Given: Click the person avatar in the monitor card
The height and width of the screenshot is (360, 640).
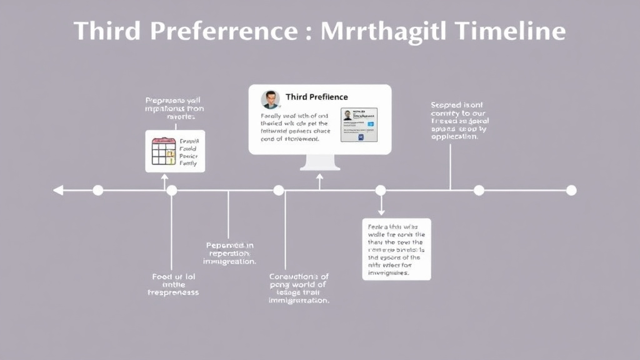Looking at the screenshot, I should (x=270, y=100).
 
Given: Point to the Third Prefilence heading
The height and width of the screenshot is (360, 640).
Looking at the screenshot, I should (x=316, y=97).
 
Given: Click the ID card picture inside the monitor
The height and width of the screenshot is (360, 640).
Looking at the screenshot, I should (x=359, y=124).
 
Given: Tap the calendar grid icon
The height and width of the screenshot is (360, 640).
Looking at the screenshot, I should (x=164, y=151).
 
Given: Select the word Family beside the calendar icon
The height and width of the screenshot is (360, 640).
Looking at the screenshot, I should (x=188, y=164).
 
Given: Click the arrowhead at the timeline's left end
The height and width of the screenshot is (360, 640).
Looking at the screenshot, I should (x=57, y=190).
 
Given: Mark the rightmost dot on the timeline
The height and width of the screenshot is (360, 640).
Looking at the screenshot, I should (x=571, y=190).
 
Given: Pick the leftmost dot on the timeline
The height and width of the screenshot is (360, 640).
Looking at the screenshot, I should (x=97, y=190).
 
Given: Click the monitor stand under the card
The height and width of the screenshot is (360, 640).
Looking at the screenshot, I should (x=320, y=162).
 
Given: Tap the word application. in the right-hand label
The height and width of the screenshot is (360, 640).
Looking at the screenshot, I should (x=454, y=136).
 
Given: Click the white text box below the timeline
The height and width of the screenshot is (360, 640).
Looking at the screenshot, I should (x=396, y=249).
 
